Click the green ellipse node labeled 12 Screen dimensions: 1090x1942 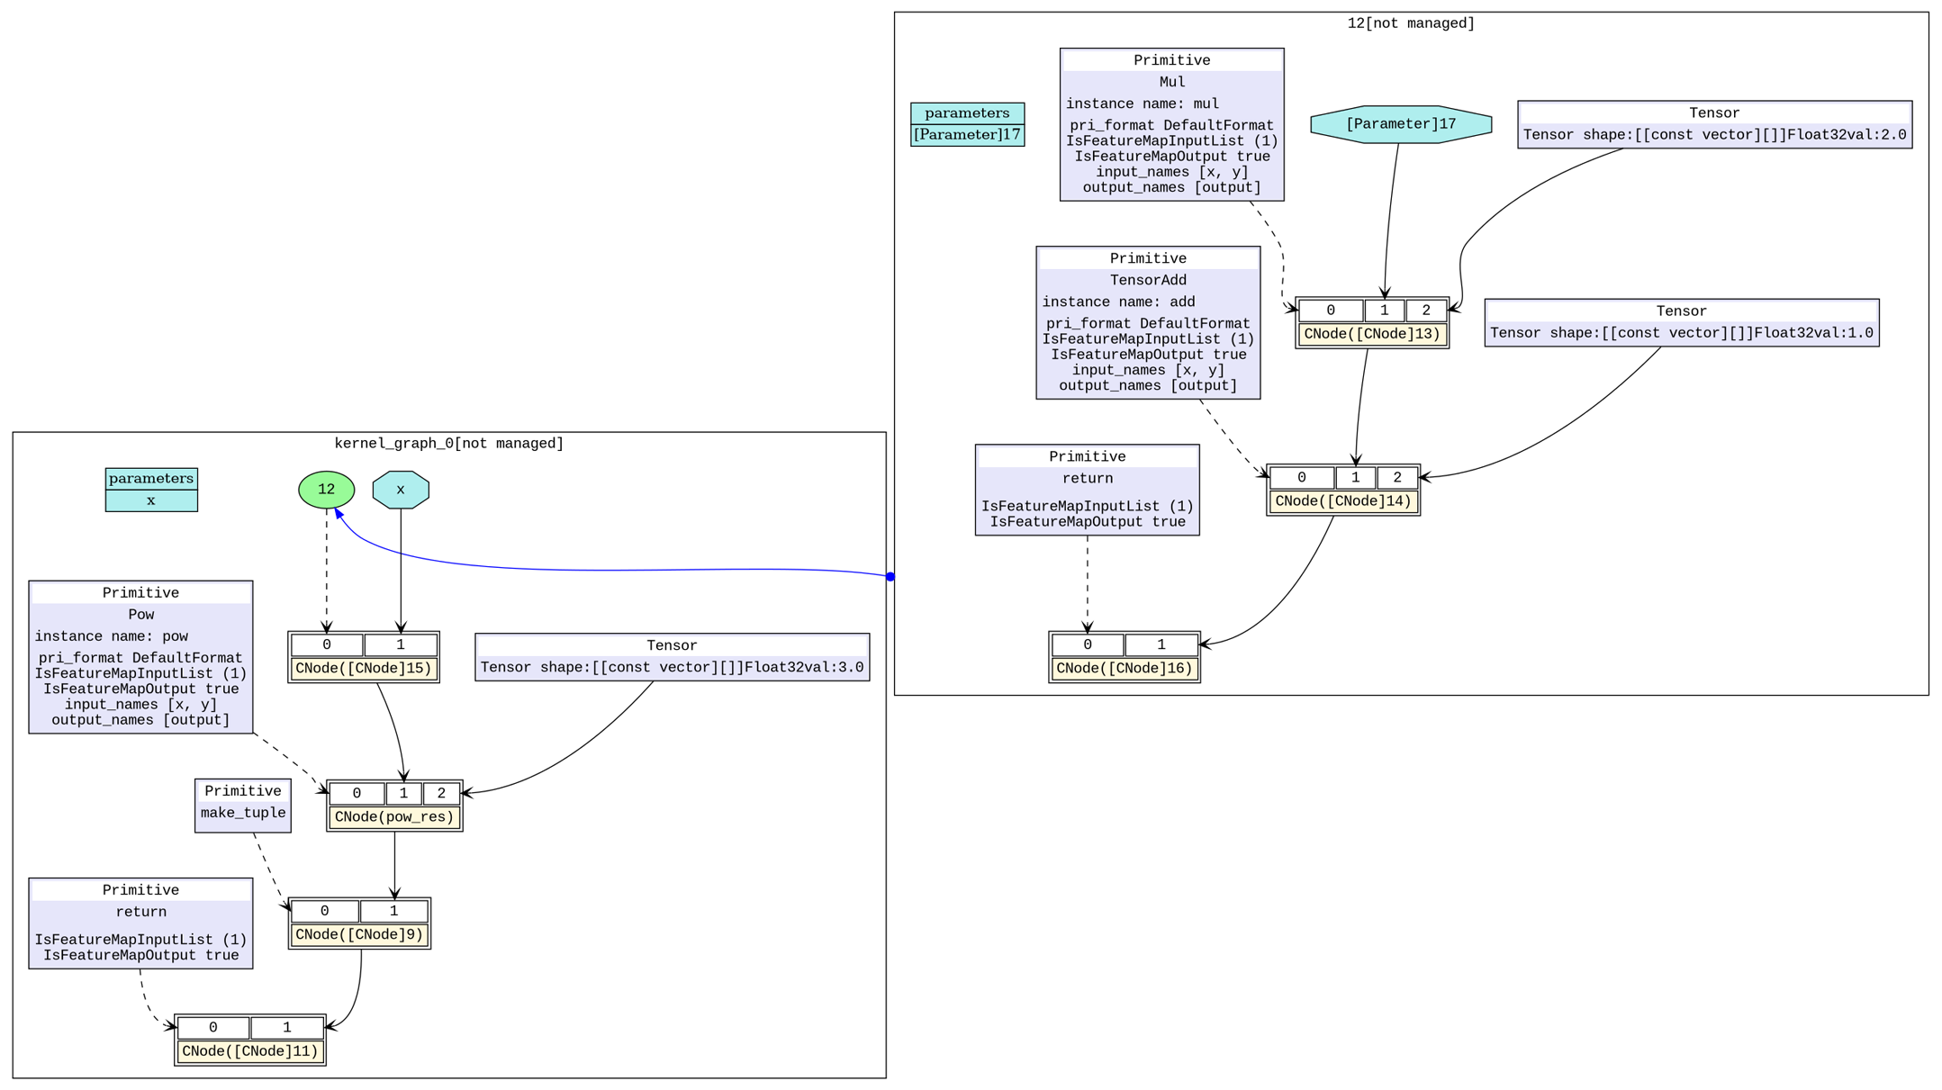326,490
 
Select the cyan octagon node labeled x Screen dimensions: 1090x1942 401,490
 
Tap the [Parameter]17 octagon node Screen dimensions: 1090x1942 1400,124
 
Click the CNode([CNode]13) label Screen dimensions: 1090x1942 1371,334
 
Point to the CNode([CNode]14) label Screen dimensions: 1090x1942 1342,501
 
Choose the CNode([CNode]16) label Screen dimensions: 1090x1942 1124,669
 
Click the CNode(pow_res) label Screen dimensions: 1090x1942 394,817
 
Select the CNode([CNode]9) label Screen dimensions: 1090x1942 359,934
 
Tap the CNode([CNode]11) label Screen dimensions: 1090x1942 250,1051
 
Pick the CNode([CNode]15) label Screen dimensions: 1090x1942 364,669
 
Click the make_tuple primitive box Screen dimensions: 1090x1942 243,806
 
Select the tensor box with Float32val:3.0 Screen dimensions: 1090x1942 672,658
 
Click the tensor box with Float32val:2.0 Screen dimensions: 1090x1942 1714,125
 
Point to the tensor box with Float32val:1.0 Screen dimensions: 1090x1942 1681,323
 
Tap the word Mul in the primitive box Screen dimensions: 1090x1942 1171,82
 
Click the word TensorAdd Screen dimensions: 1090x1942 1148,280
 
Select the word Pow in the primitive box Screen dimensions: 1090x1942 141,615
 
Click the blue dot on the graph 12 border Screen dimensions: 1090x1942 890,577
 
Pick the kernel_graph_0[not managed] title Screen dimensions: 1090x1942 448,444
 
